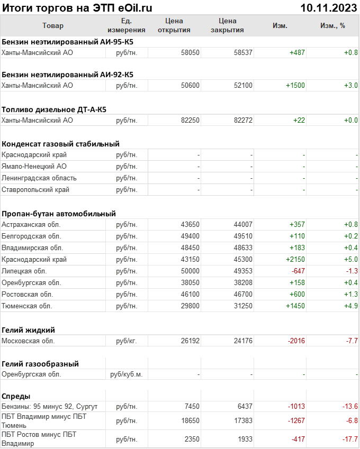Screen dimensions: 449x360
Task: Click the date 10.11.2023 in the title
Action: (x=328, y=7)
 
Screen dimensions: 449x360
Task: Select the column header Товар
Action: (x=53, y=26)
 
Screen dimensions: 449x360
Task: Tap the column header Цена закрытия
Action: (x=227, y=26)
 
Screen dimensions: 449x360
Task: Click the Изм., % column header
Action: (x=332, y=26)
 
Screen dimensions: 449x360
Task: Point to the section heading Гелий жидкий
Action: (x=29, y=330)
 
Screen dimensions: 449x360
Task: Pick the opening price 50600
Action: (x=190, y=85)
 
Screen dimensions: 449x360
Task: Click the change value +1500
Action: (x=295, y=85)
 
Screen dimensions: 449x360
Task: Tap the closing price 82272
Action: (x=243, y=121)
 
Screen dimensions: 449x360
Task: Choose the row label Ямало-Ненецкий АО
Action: (x=34, y=166)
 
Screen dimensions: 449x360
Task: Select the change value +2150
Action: (x=295, y=259)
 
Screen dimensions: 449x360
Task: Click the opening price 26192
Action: (x=190, y=341)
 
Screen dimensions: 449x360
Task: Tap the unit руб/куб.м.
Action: (x=126, y=374)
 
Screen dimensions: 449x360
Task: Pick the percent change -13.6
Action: (x=349, y=406)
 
